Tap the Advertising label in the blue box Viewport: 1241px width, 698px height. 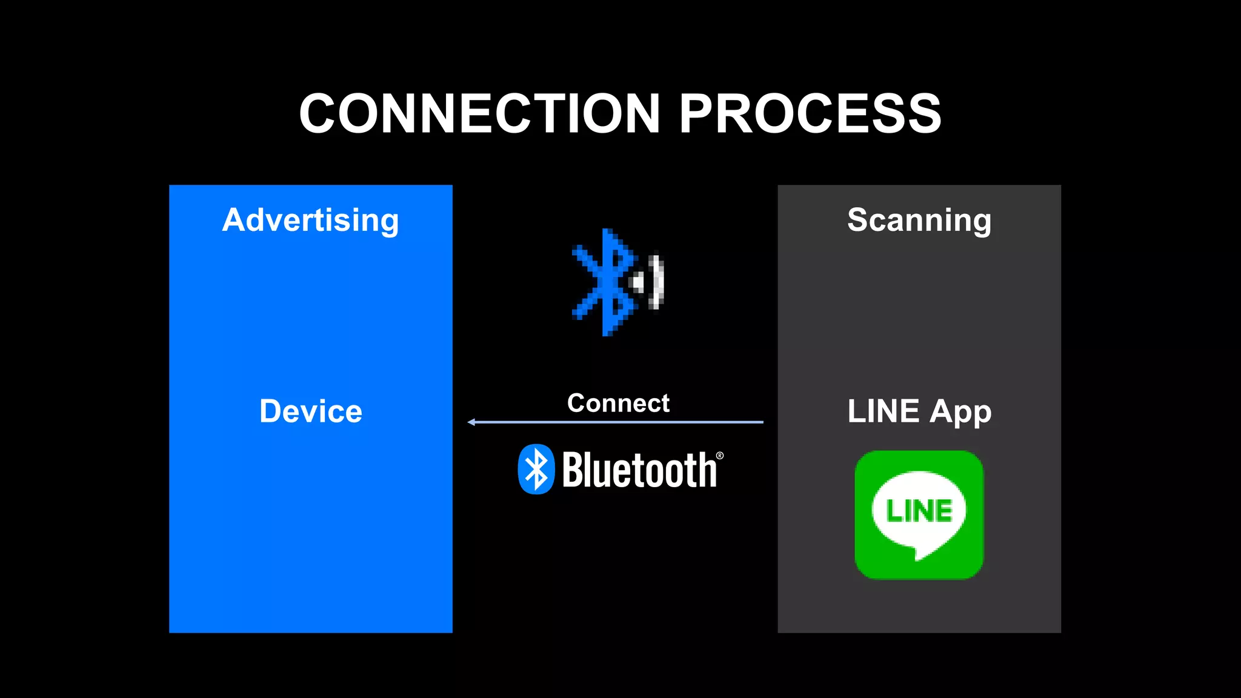point(310,220)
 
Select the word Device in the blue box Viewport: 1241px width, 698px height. point(310,411)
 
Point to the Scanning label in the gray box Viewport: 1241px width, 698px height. point(919,220)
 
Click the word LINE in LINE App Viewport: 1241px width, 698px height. point(883,411)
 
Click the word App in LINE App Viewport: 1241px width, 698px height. point(960,413)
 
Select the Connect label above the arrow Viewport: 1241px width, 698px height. point(618,404)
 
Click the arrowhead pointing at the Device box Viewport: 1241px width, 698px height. point(471,422)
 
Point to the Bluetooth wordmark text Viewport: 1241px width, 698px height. point(639,470)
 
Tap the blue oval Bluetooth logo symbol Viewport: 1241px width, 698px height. point(536,470)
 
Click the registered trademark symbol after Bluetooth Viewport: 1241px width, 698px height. point(720,456)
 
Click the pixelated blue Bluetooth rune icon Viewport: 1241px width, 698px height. point(603,282)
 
